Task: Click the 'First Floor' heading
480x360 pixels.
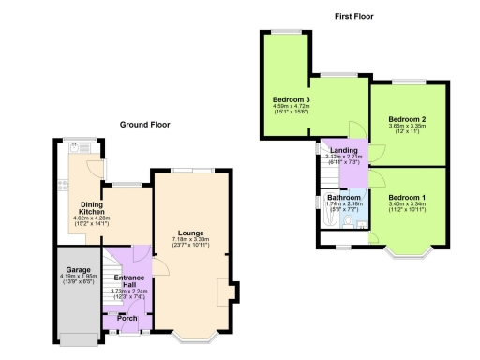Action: [x=356, y=16]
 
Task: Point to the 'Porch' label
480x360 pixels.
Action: [x=126, y=320]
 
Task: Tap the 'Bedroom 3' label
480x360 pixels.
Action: [x=292, y=99]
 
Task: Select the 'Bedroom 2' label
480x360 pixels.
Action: [x=408, y=119]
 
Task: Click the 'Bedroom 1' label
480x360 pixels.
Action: [x=407, y=198]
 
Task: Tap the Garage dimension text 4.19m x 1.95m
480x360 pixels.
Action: [x=78, y=278]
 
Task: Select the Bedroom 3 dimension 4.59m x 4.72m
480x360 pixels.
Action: [x=292, y=107]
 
